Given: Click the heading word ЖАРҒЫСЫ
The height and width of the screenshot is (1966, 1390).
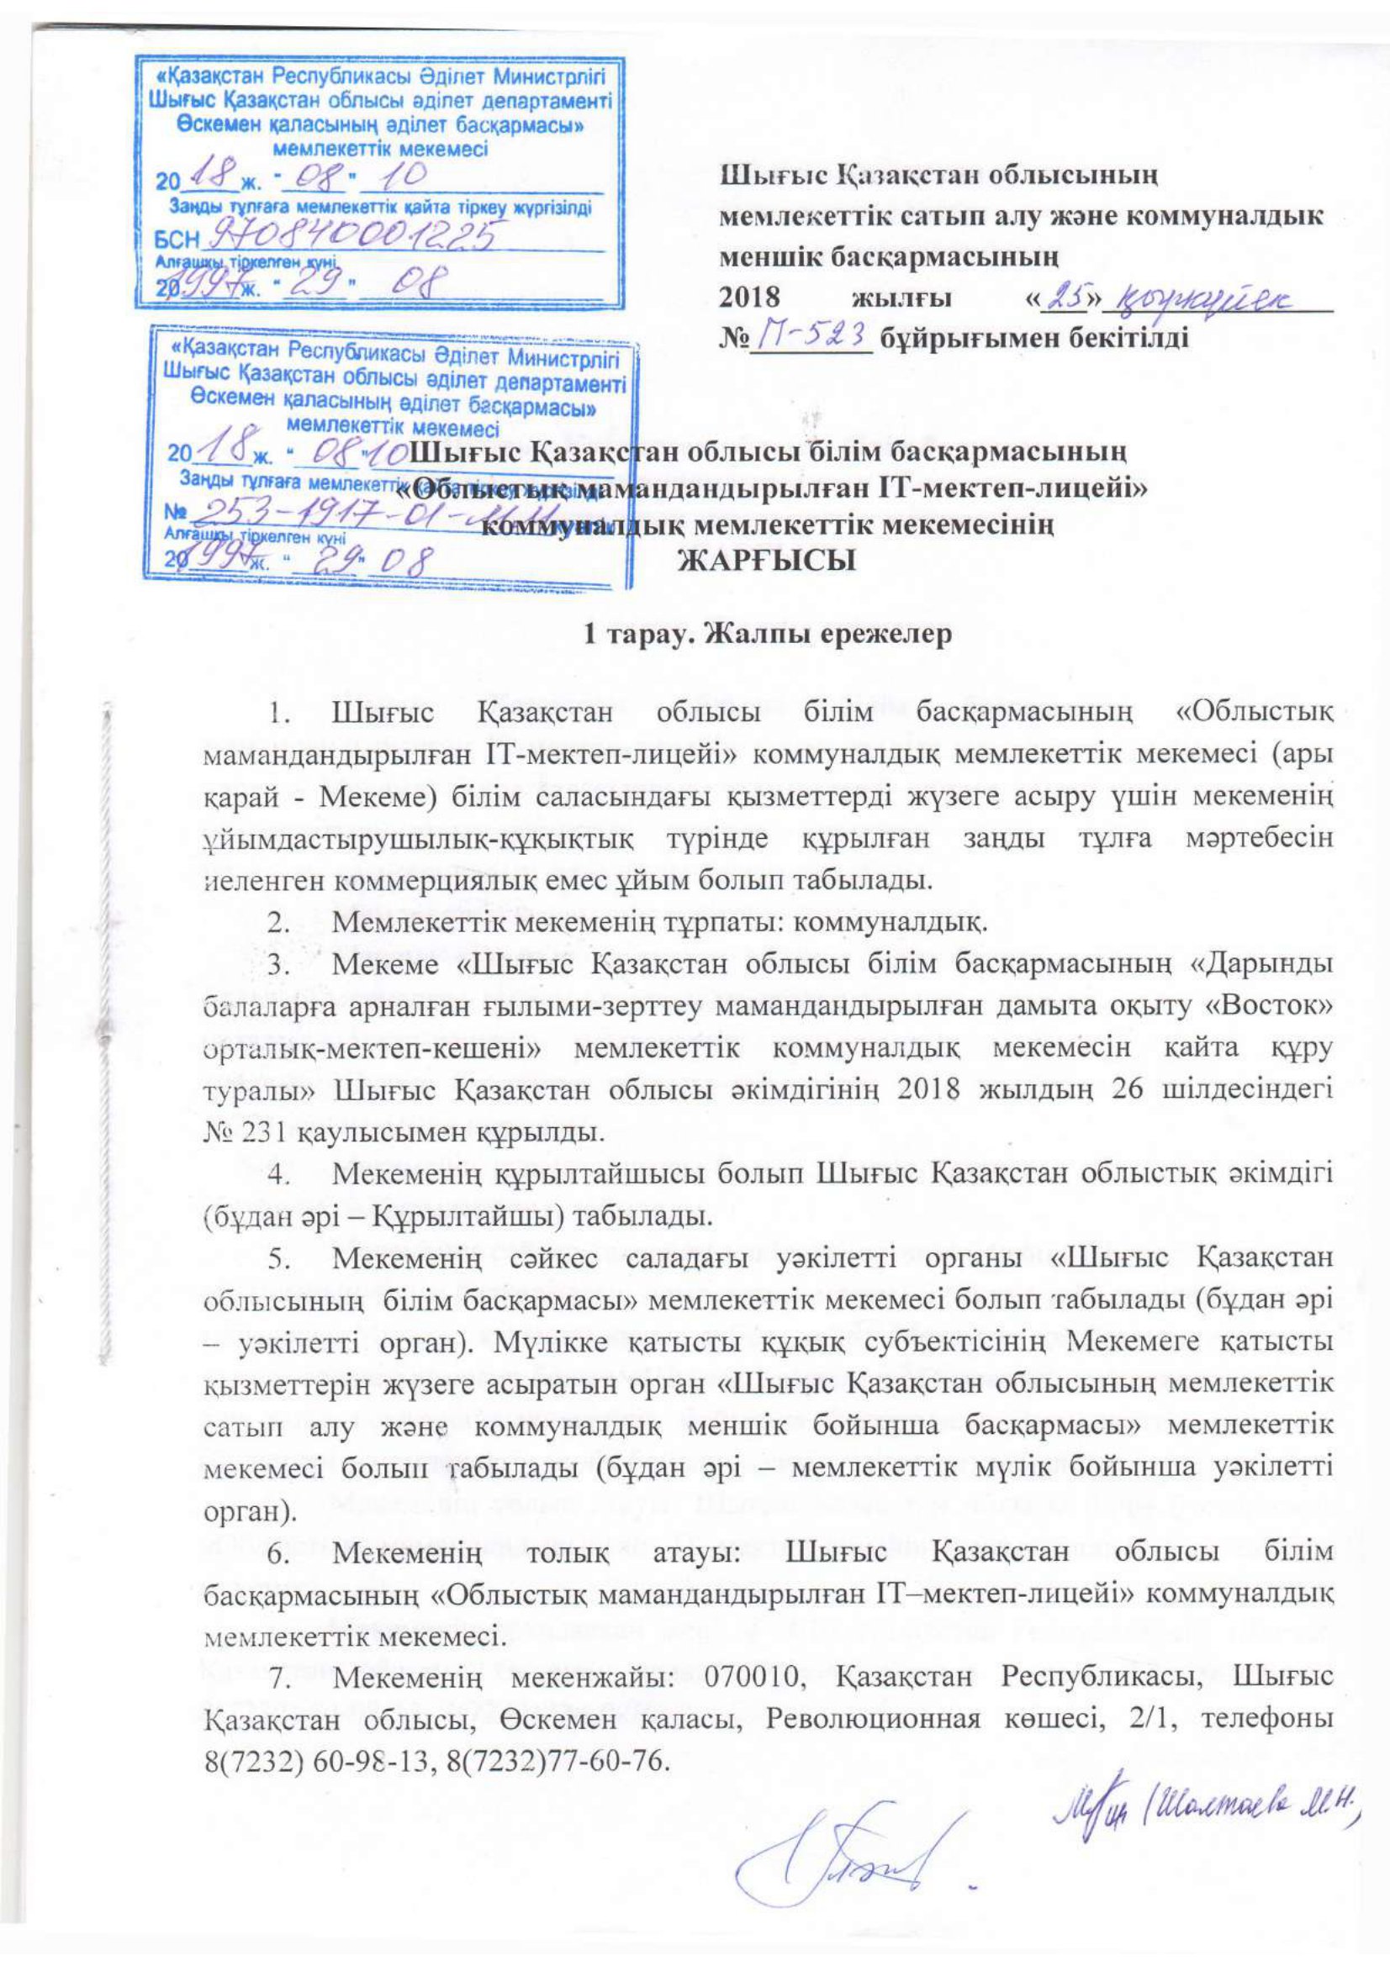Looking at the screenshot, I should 768,561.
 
